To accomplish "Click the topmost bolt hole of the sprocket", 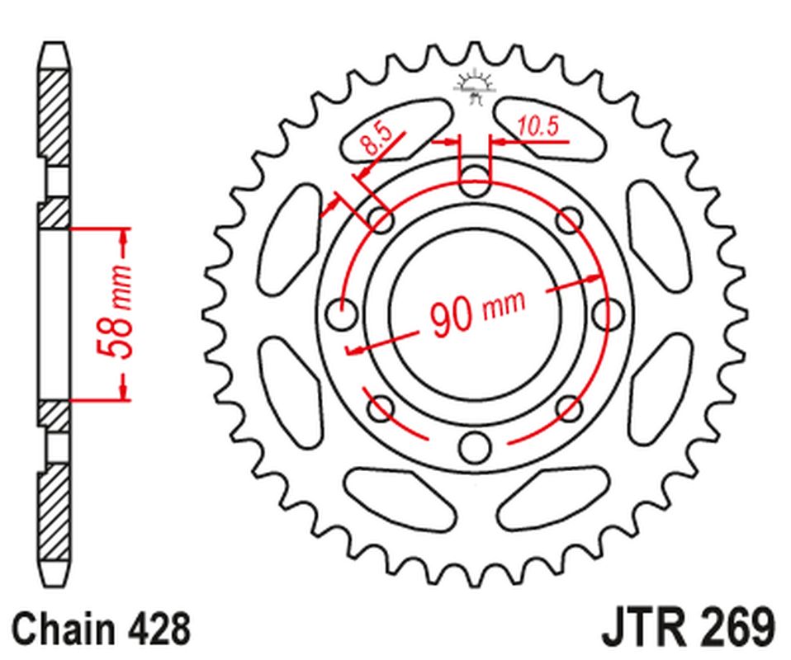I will (x=474, y=180).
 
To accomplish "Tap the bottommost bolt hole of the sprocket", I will (x=474, y=446).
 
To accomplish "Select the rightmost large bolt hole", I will (x=608, y=313).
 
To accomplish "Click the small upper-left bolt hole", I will (x=381, y=220).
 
